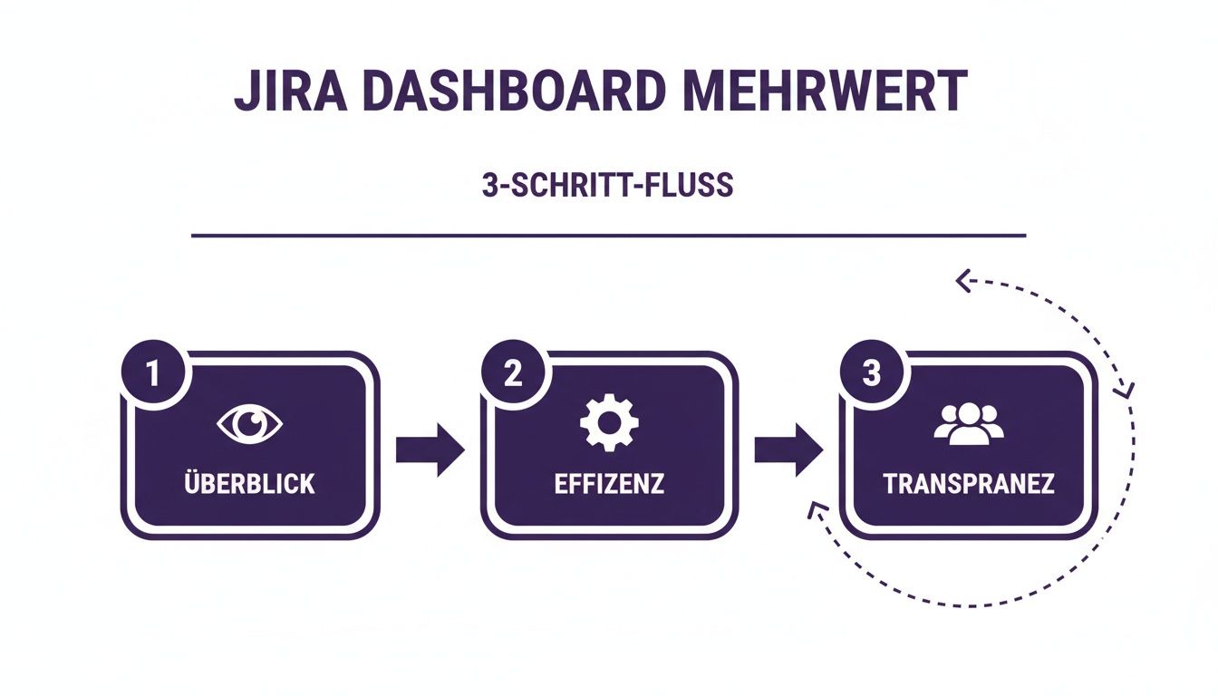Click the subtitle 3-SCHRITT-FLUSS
click(608, 185)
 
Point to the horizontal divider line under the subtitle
click(608, 236)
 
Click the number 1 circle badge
click(154, 374)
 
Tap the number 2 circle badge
click(513, 374)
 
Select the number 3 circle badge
click(871, 374)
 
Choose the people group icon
click(968, 421)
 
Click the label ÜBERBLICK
click(251, 483)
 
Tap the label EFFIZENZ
click(609, 483)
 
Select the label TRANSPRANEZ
click(968, 483)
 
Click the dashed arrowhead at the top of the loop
click(963, 283)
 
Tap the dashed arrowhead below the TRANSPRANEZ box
click(814, 512)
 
